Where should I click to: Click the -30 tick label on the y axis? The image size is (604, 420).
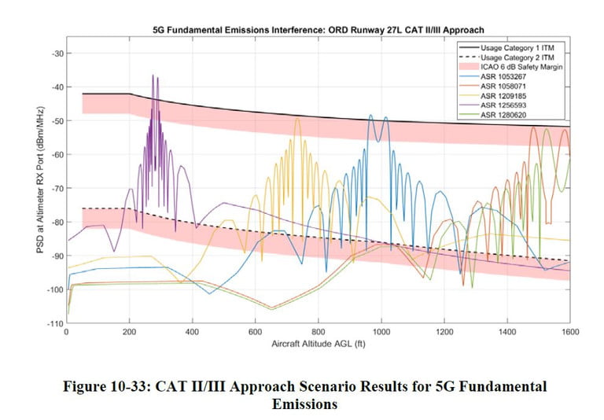coord(56,53)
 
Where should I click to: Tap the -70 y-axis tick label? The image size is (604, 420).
coord(56,189)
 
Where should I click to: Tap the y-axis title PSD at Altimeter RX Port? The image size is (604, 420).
coord(39,189)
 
